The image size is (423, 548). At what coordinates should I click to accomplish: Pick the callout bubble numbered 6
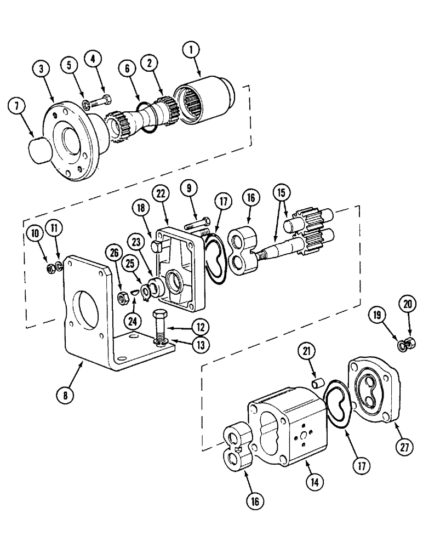(x=127, y=69)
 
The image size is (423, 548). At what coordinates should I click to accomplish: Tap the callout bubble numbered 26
(x=114, y=253)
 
